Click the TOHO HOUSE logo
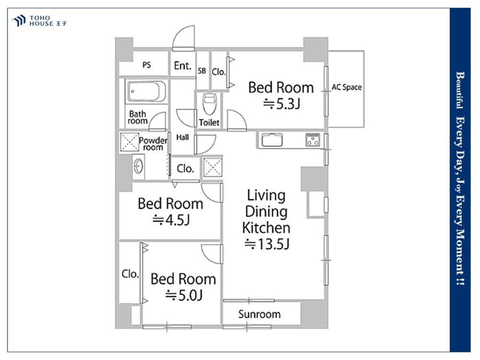click(x=39, y=21)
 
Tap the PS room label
click(x=146, y=65)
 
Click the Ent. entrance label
click(x=182, y=65)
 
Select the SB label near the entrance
click(x=202, y=71)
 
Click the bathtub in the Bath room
click(x=146, y=91)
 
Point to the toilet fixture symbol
click(x=210, y=104)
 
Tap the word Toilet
click(x=209, y=122)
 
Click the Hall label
click(x=182, y=137)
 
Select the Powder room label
click(x=153, y=144)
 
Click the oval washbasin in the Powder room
click(x=138, y=167)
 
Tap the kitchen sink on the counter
click(x=272, y=141)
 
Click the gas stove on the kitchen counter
click(x=312, y=139)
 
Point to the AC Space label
click(x=347, y=87)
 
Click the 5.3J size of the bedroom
click(x=281, y=104)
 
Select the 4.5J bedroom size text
click(x=171, y=220)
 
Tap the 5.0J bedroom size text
click(x=184, y=295)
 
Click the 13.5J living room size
click(x=267, y=244)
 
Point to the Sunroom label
click(x=259, y=314)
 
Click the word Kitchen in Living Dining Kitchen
click(x=266, y=228)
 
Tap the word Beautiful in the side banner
click(x=459, y=90)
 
